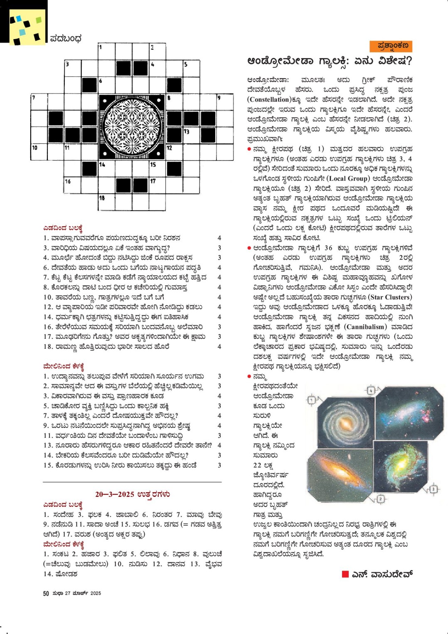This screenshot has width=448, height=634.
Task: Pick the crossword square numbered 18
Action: point(106,202)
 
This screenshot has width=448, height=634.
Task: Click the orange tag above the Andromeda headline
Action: point(391,46)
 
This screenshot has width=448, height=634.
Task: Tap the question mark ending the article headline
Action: point(409,62)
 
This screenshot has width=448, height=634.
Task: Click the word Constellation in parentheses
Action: point(269,99)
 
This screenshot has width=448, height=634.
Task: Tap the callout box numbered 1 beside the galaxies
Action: point(312,400)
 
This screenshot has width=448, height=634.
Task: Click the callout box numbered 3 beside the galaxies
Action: point(433,488)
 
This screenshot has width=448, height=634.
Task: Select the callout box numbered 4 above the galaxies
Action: point(371,390)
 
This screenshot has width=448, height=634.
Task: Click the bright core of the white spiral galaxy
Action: point(346,423)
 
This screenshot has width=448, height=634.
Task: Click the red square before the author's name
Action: point(345,574)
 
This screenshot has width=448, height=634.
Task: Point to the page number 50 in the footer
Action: point(46,593)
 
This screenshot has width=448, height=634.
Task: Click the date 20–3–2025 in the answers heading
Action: point(114,494)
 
